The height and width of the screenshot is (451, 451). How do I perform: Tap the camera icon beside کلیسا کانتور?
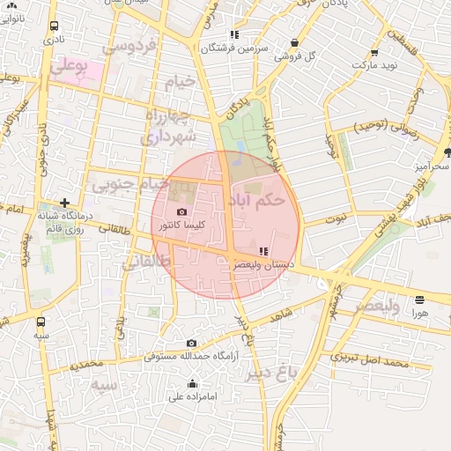(x=182, y=212)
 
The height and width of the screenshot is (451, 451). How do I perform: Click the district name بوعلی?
(x=70, y=65)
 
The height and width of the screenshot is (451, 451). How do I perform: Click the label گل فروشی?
(x=295, y=55)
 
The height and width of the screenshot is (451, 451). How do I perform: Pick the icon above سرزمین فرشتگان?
(x=234, y=35)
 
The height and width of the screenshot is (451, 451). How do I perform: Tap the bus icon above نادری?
(x=55, y=26)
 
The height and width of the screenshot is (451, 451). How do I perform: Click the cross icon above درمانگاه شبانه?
(x=63, y=203)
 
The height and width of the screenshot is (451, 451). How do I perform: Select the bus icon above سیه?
(x=41, y=322)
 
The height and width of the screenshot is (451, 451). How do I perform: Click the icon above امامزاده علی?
(x=193, y=383)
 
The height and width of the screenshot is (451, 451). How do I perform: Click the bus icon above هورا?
(x=419, y=299)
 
